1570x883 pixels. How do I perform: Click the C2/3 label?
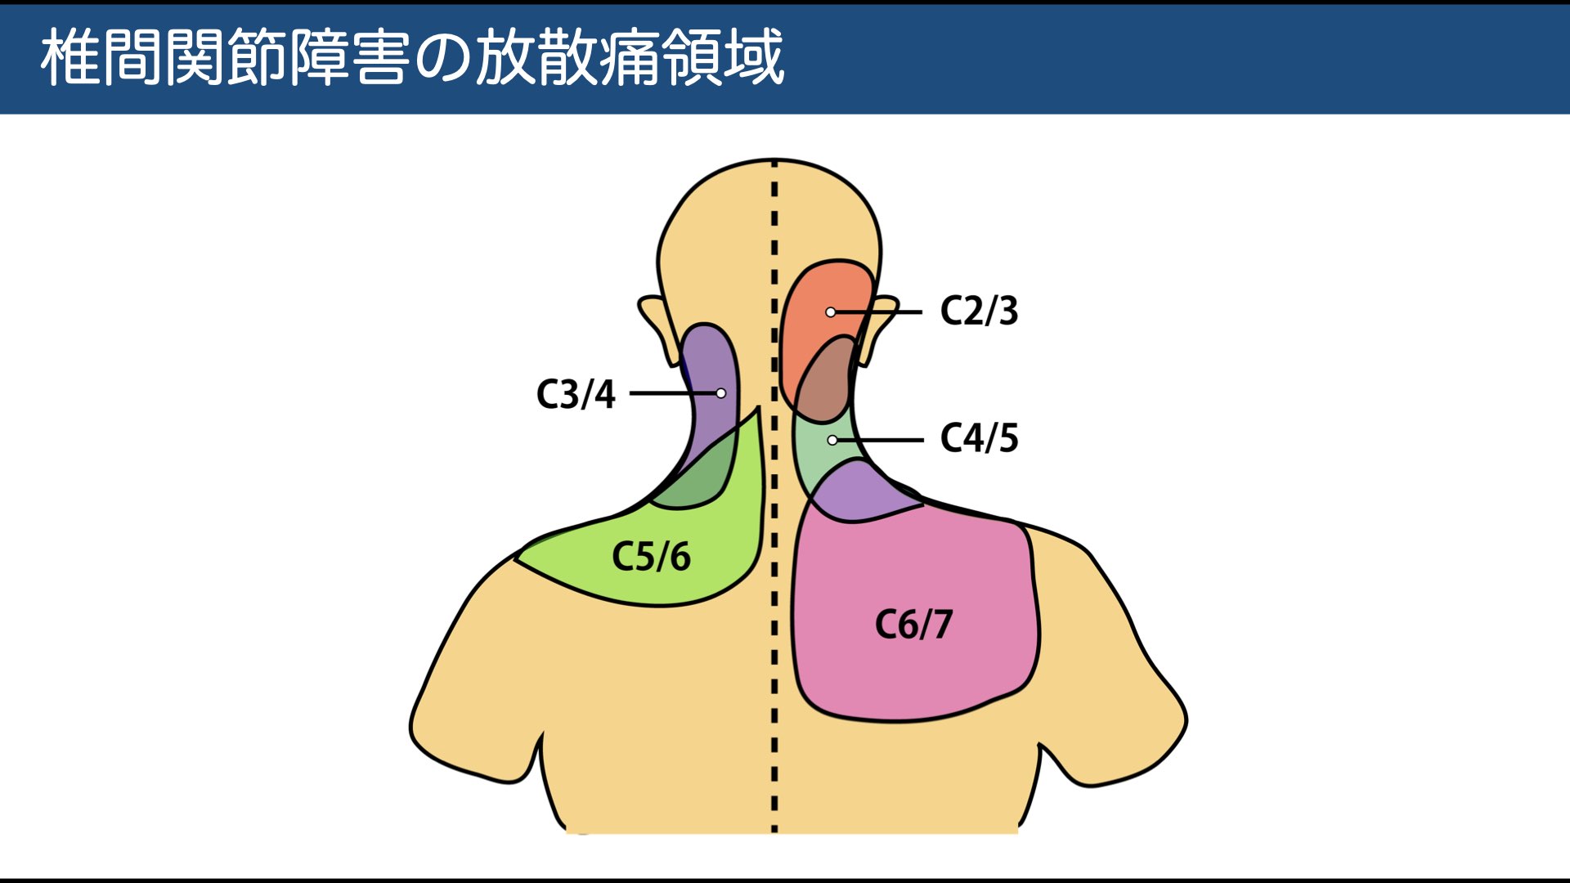tap(979, 311)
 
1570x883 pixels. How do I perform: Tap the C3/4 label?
tap(576, 394)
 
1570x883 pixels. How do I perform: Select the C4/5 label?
tap(979, 438)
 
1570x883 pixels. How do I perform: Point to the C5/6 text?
tap(651, 557)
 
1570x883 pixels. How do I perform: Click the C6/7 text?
tap(913, 625)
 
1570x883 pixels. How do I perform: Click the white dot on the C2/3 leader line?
tap(831, 312)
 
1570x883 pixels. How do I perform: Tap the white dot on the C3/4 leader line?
tap(721, 393)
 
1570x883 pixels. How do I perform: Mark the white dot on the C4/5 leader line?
tap(832, 440)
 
